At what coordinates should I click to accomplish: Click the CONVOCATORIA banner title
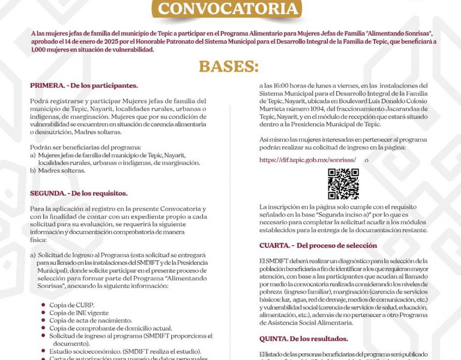coord(227,9)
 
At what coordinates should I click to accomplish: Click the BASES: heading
coord(229,66)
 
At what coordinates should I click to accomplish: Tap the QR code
coord(343,184)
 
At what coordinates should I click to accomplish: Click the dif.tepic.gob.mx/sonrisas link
coord(308,160)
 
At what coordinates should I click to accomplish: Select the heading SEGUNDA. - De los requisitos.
coord(78,193)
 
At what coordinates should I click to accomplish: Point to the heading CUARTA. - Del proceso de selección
coord(318,245)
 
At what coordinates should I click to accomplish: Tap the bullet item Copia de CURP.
coord(72,305)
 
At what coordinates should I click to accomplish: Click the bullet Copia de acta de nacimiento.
coord(90,320)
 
